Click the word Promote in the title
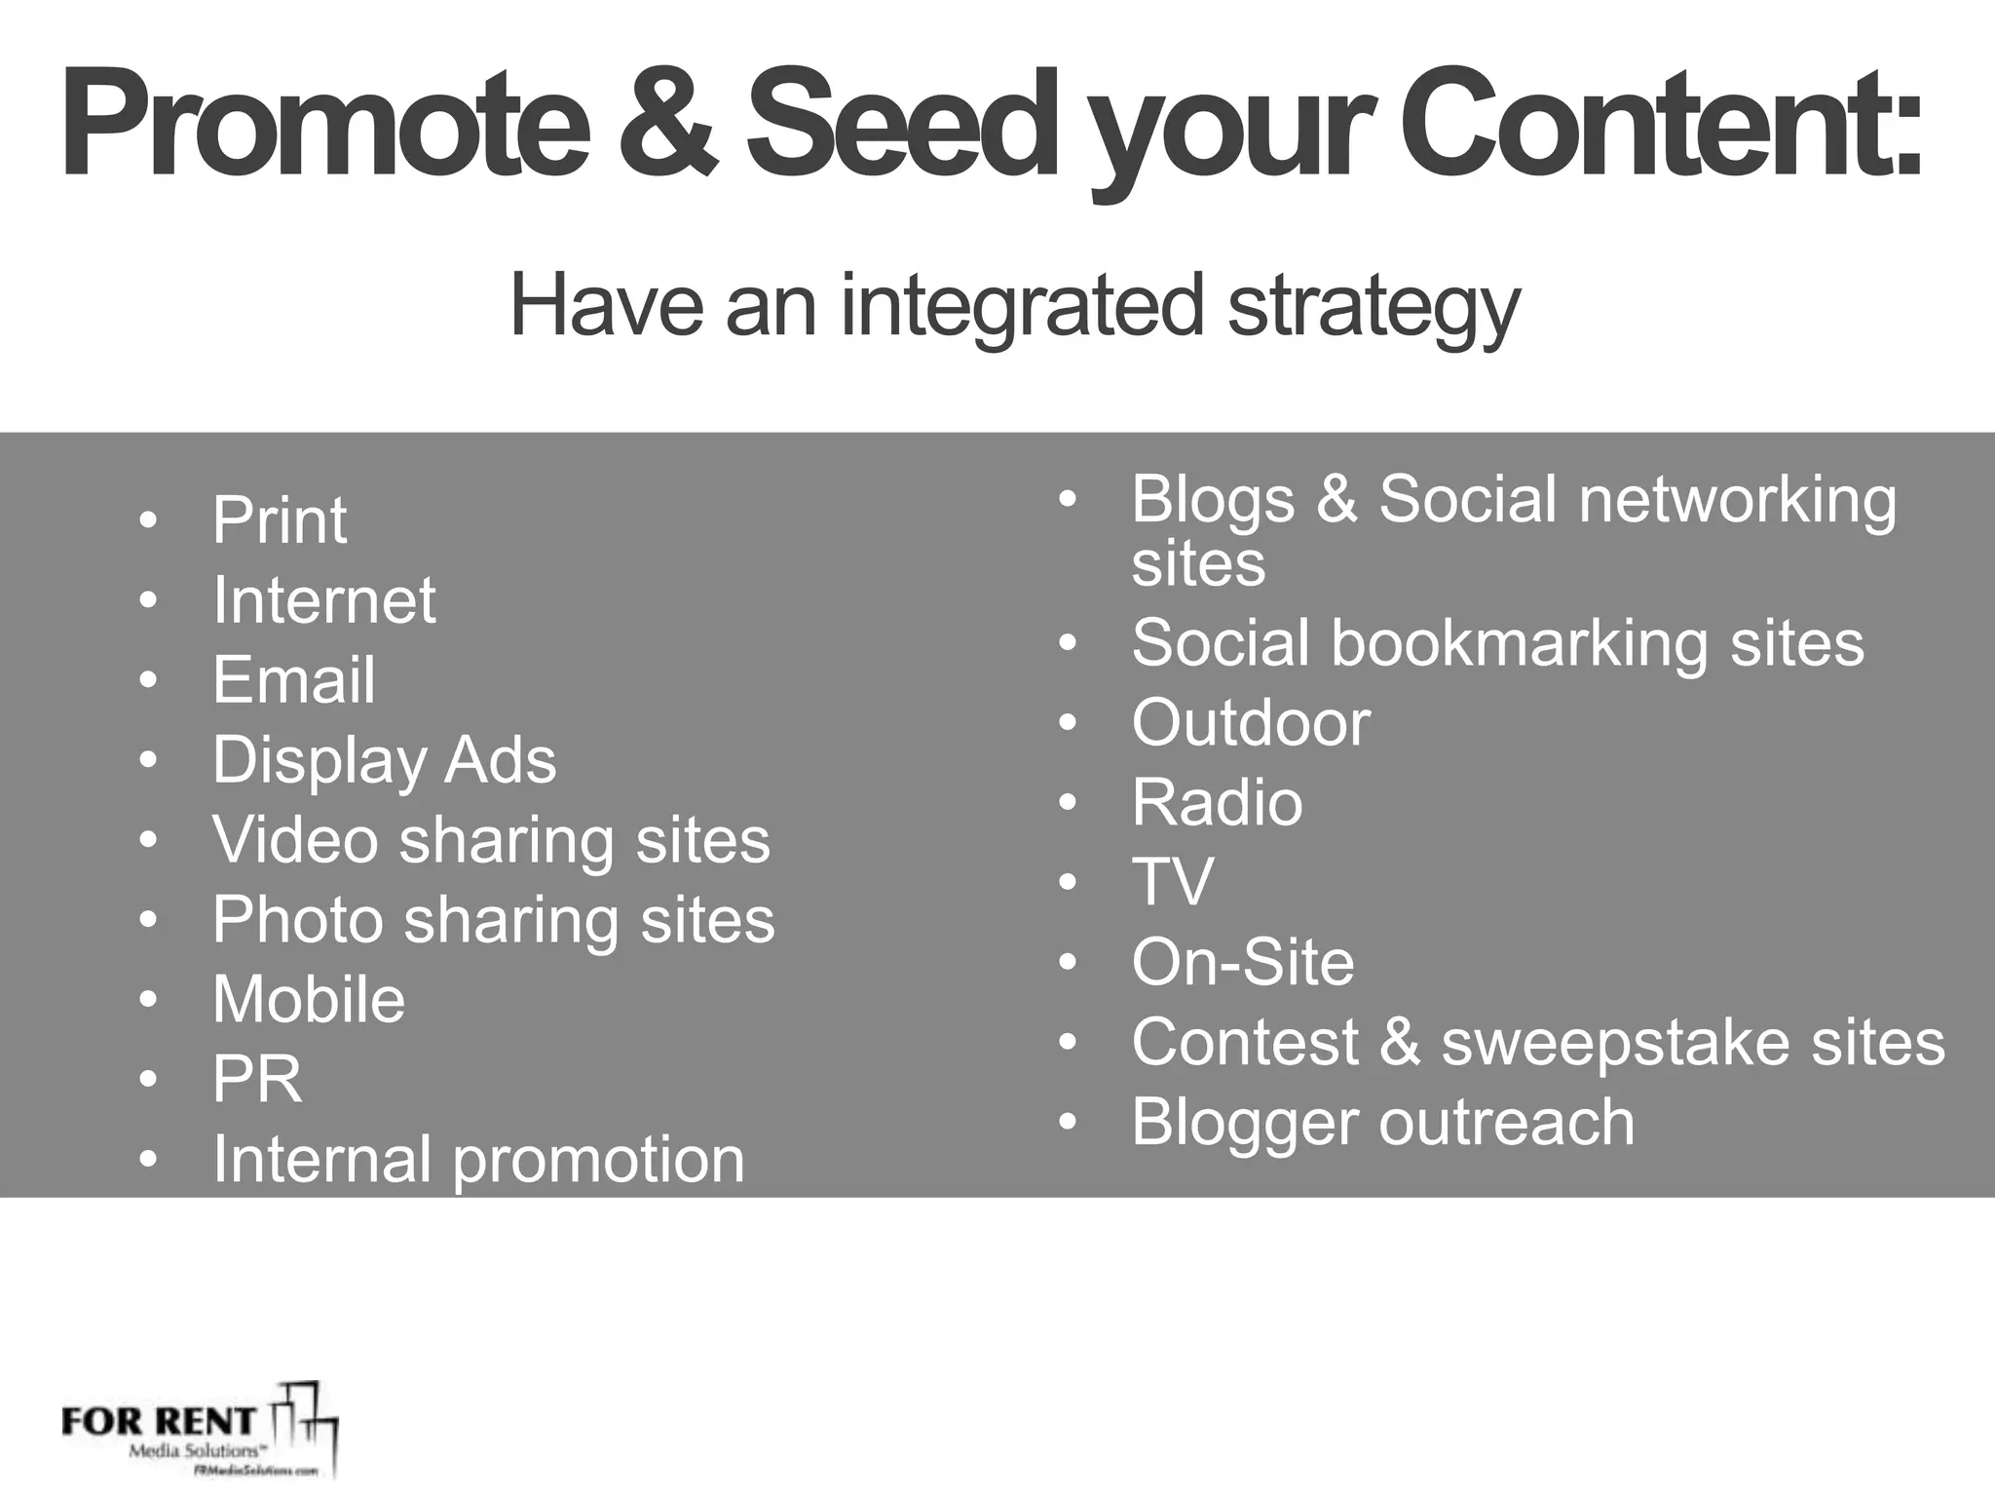point(324,125)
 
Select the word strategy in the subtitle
point(1373,307)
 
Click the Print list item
point(280,520)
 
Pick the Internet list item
point(323,600)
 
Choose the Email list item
point(293,680)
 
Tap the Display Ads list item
point(384,760)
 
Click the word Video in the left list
point(295,840)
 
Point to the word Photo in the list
point(298,920)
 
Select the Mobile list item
point(309,1000)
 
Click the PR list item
point(257,1080)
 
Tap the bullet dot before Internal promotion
point(148,1160)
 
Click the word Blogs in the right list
point(1213,500)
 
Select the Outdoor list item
point(1251,724)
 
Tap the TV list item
point(1172,883)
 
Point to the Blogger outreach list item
point(1382,1123)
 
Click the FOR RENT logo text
point(159,1422)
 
